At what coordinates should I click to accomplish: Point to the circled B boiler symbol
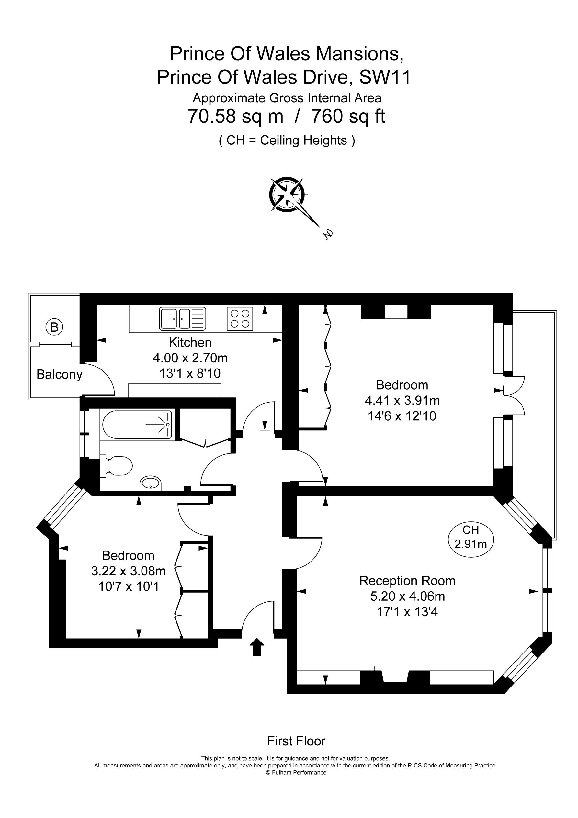coord(54,327)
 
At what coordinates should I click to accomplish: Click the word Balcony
coord(59,374)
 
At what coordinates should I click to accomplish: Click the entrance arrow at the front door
coord(257,647)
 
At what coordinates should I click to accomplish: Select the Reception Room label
coord(407,581)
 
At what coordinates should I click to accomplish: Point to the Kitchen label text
coord(190,342)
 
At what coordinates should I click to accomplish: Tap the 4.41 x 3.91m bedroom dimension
coord(402,401)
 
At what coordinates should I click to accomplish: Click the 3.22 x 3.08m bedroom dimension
coord(128,571)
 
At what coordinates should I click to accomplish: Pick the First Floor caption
coord(296,741)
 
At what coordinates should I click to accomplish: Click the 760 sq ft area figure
coord(348,116)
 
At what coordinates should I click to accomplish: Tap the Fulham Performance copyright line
coord(296,772)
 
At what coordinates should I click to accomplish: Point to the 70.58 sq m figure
coord(235,116)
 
